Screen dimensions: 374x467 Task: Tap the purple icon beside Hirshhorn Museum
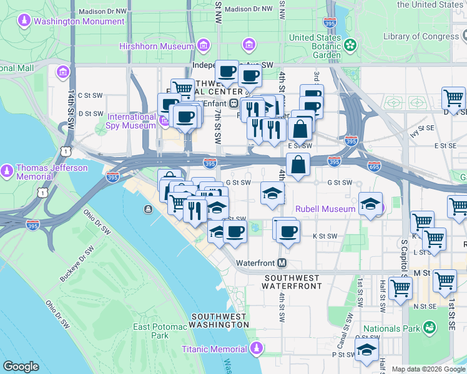(x=204, y=46)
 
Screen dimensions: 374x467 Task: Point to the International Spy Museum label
(x=131, y=121)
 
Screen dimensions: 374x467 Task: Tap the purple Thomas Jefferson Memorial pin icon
(x=7, y=171)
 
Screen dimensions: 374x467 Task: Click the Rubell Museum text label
(x=325, y=209)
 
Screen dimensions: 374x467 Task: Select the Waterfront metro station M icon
(x=282, y=262)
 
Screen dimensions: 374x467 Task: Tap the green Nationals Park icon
(x=428, y=327)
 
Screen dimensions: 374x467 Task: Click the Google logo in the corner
(x=21, y=367)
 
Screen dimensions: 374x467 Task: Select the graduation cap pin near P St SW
(x=366, y=350)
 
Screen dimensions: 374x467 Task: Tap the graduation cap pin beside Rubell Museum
(x=370, y=204)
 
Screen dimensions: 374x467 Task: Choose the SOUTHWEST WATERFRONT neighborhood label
(x=293, y=282)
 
